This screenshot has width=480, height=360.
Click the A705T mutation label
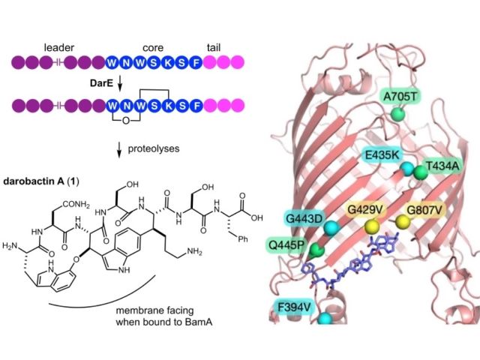coord(399,96)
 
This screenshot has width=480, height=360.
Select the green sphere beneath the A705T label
coord(398,113)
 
